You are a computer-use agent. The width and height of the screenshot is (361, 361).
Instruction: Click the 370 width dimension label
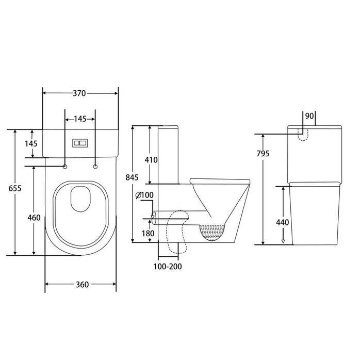pos(79,93)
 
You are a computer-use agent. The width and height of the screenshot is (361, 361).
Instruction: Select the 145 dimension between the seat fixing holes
pos(80,119)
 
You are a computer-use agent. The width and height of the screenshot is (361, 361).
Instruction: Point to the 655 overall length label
pos(15,189)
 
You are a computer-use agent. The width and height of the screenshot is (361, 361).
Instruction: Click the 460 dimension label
pos(34,218)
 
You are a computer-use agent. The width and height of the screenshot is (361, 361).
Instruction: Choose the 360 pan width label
pos(80,284)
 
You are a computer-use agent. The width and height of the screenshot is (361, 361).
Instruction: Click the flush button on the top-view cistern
pos(80,142)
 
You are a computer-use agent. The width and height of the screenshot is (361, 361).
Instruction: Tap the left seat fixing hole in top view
pos(65,166)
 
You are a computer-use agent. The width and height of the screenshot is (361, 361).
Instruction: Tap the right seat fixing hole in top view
pos(95,166)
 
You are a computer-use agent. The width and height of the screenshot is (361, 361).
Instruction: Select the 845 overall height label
pos(133,177)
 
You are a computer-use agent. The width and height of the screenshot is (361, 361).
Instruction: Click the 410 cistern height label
pos(151,160)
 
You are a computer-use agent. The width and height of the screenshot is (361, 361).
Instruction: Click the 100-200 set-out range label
pos(168,267)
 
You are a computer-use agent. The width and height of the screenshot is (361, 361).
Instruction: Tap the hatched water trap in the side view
pos(212,234)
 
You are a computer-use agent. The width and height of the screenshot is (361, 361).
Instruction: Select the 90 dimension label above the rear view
pos(309,116)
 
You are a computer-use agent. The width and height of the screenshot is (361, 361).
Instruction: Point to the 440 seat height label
pos(283,223)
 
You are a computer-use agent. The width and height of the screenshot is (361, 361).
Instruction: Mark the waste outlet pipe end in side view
pos(154,215)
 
